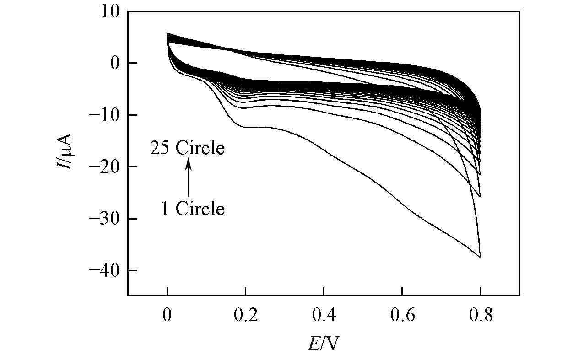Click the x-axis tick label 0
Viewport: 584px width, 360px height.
pyautogui.click(x=168, y=316)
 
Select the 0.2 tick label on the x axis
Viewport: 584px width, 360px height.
pyautogui.click(x=245, y=316)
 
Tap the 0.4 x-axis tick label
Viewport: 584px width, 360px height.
pyautogui.click(x=324, y=316)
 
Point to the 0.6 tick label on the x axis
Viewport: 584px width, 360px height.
pyautogui.click(x=402, y=316)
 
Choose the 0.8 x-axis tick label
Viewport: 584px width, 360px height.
pyautogui.click(x=480, y=316)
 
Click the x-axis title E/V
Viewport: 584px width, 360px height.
pyautogui.click(x=323, y=343)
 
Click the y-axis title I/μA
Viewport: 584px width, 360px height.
pyautogui.click(x=64, y=151)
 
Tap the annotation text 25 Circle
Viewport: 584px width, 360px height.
pyautogui.click(x=188, y=148)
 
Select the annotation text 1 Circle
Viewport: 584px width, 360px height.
pyautogui.click(x=193, y=209)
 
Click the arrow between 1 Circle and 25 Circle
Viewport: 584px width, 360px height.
pyautogui.click(x=188, y=178)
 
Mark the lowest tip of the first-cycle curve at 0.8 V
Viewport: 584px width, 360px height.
pyautogui.click(x=480, y=257)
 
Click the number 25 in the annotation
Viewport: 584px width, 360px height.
pyautogui.click(x=161, y=148)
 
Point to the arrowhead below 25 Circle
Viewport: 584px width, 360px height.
pyautogui.click(x=188, y=161)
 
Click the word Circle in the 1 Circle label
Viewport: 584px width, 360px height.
pyautogui.click(x=200, y=209)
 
